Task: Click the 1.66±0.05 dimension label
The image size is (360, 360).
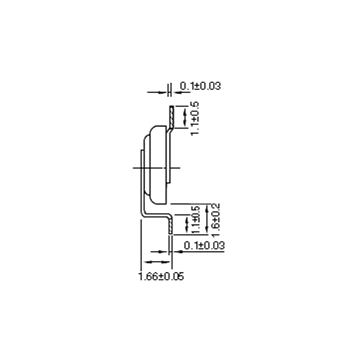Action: [x=161, y=276]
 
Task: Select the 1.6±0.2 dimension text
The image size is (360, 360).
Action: [x=215, y=220]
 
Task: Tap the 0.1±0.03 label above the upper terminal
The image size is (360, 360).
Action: [x=200, y=86]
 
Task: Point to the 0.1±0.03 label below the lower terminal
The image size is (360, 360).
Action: [x=204, y=245]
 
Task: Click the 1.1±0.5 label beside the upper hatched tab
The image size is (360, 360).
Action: [x=195, y=119]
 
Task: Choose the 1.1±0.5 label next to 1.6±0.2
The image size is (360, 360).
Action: [x=196, y=219]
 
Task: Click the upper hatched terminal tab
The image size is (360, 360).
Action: [x=172, y=117]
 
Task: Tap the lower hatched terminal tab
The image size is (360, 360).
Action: [x=170, y=225]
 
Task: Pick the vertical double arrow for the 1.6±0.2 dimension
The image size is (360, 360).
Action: [x=207, y=219]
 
